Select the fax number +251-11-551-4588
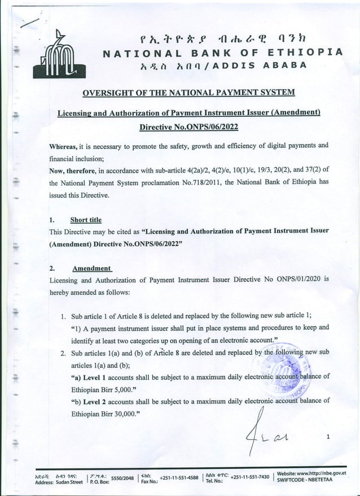[x=177, y=477]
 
